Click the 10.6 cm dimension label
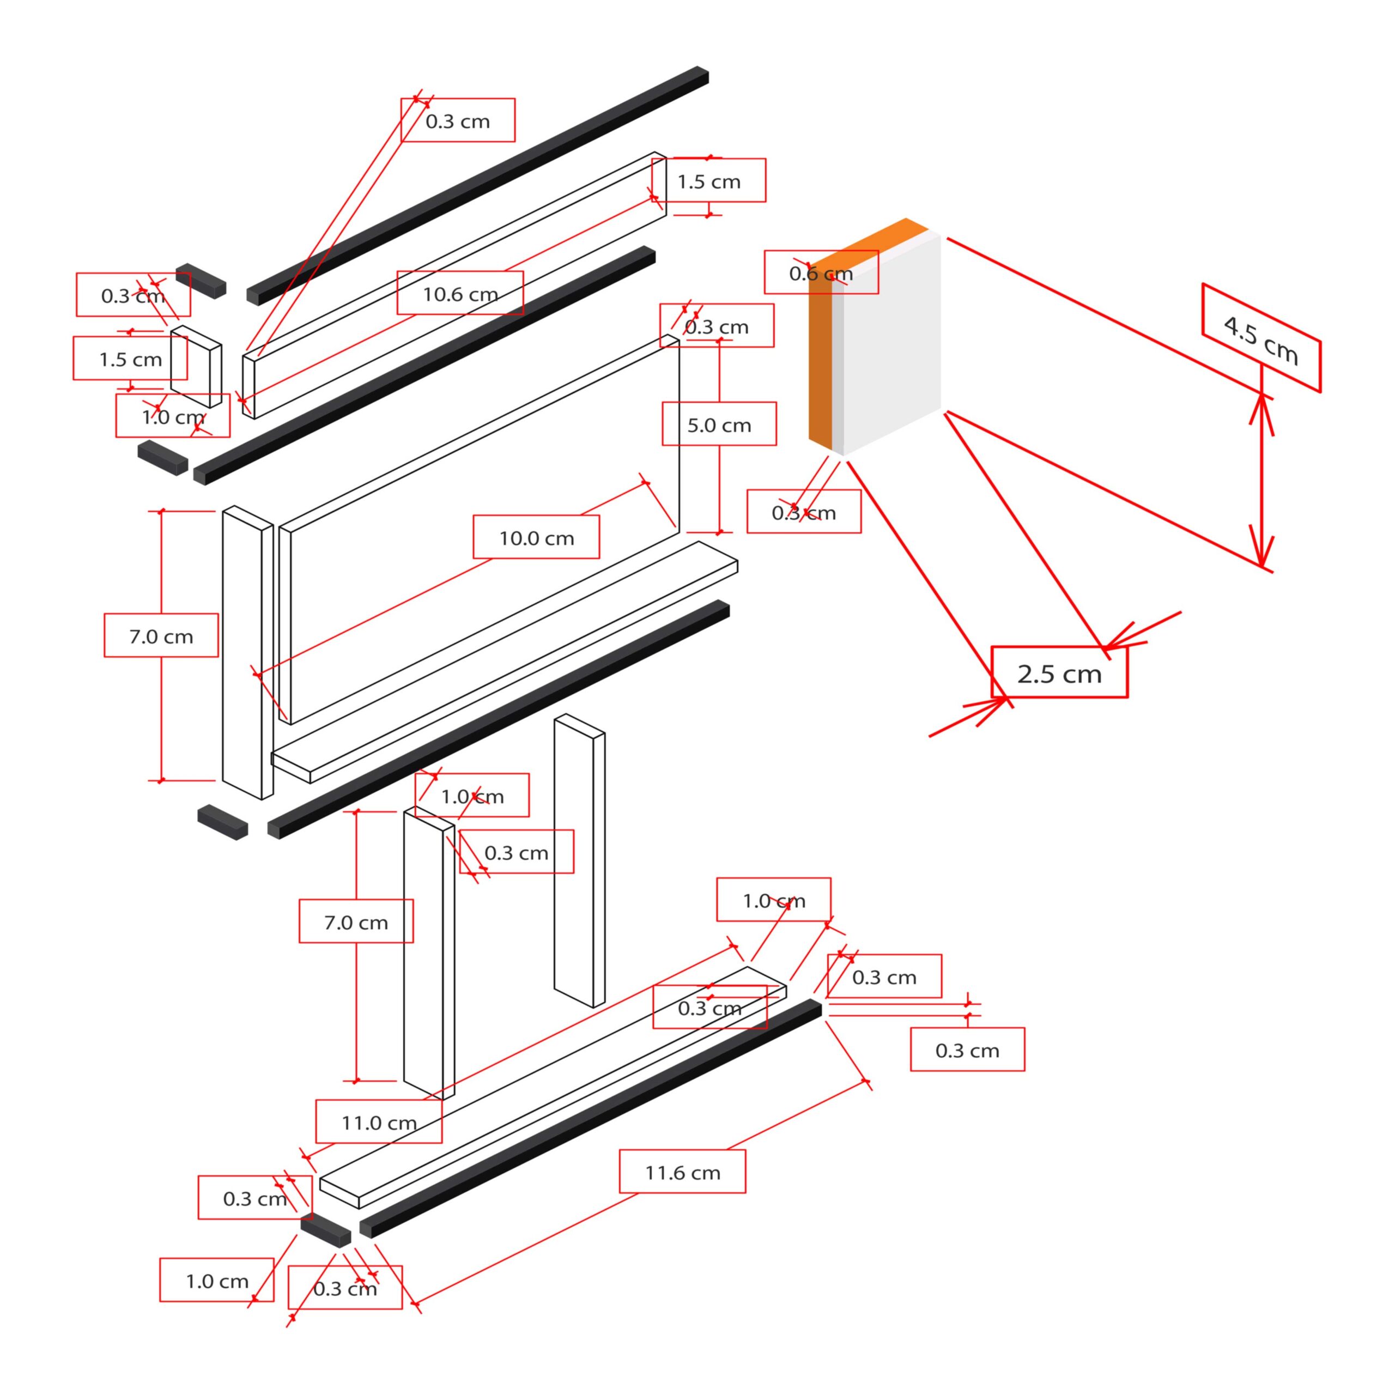click(460, 293)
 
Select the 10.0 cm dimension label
click(536, 537)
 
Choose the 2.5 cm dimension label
click(1059, 672)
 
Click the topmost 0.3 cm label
click(457, 120)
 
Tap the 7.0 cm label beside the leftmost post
click(161, 635)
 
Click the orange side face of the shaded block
click(820, 361)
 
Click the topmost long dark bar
click(477, 186)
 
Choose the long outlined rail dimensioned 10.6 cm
click(455, 285)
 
